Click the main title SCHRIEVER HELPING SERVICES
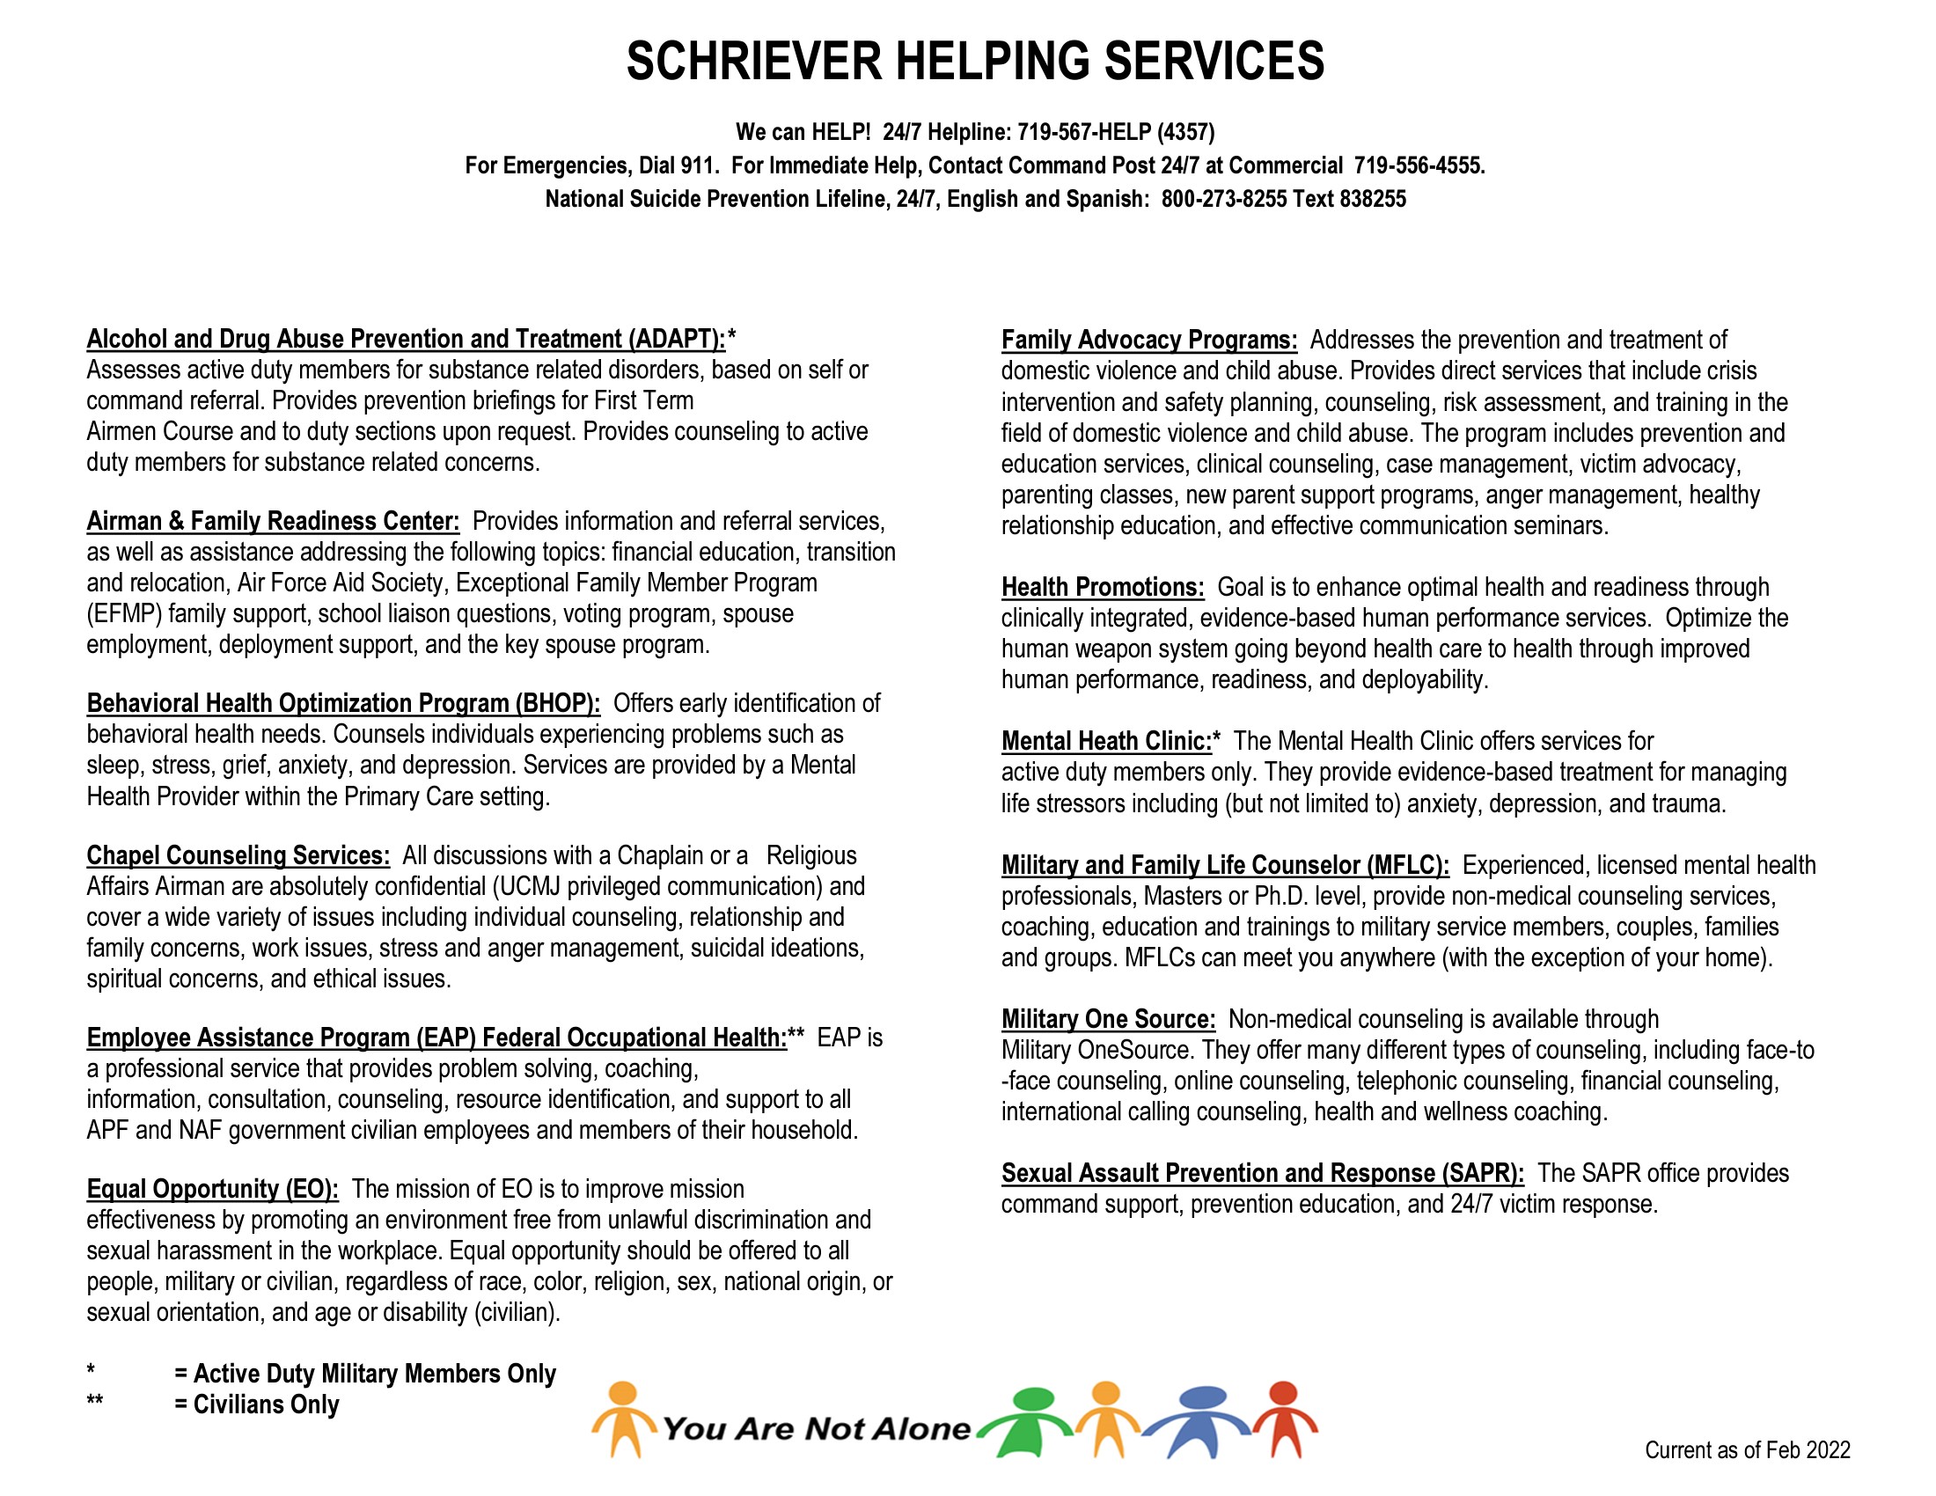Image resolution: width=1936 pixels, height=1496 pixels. tap(975, 61)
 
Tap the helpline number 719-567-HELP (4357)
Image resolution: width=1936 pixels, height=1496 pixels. tap(1115, 132)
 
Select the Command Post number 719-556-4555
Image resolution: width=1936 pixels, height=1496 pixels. tap(1419, 165)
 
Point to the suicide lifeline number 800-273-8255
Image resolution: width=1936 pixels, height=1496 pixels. tap(1223, 199)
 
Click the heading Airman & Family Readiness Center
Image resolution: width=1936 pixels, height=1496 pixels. tap(273, 521)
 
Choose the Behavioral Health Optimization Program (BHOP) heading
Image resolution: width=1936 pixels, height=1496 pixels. tap(343, 704)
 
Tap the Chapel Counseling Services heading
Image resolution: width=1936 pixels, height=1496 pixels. tap(238, 855)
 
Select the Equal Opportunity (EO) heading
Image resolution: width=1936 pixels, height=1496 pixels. tap(212, 1189)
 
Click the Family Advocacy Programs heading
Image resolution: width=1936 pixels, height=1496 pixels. tap(1148, 341)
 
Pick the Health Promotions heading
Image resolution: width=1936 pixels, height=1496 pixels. tap(1103, 587)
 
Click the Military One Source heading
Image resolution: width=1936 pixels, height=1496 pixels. tap(1108, 1019)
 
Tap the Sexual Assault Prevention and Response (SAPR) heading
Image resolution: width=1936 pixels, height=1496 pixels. tap(1262, 1173)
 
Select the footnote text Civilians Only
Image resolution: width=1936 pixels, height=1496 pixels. tap(266, 1404)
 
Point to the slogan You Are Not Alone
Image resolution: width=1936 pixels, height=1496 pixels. tap(816, 1428)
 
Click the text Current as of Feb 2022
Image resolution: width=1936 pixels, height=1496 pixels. tap(1747, 1450)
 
